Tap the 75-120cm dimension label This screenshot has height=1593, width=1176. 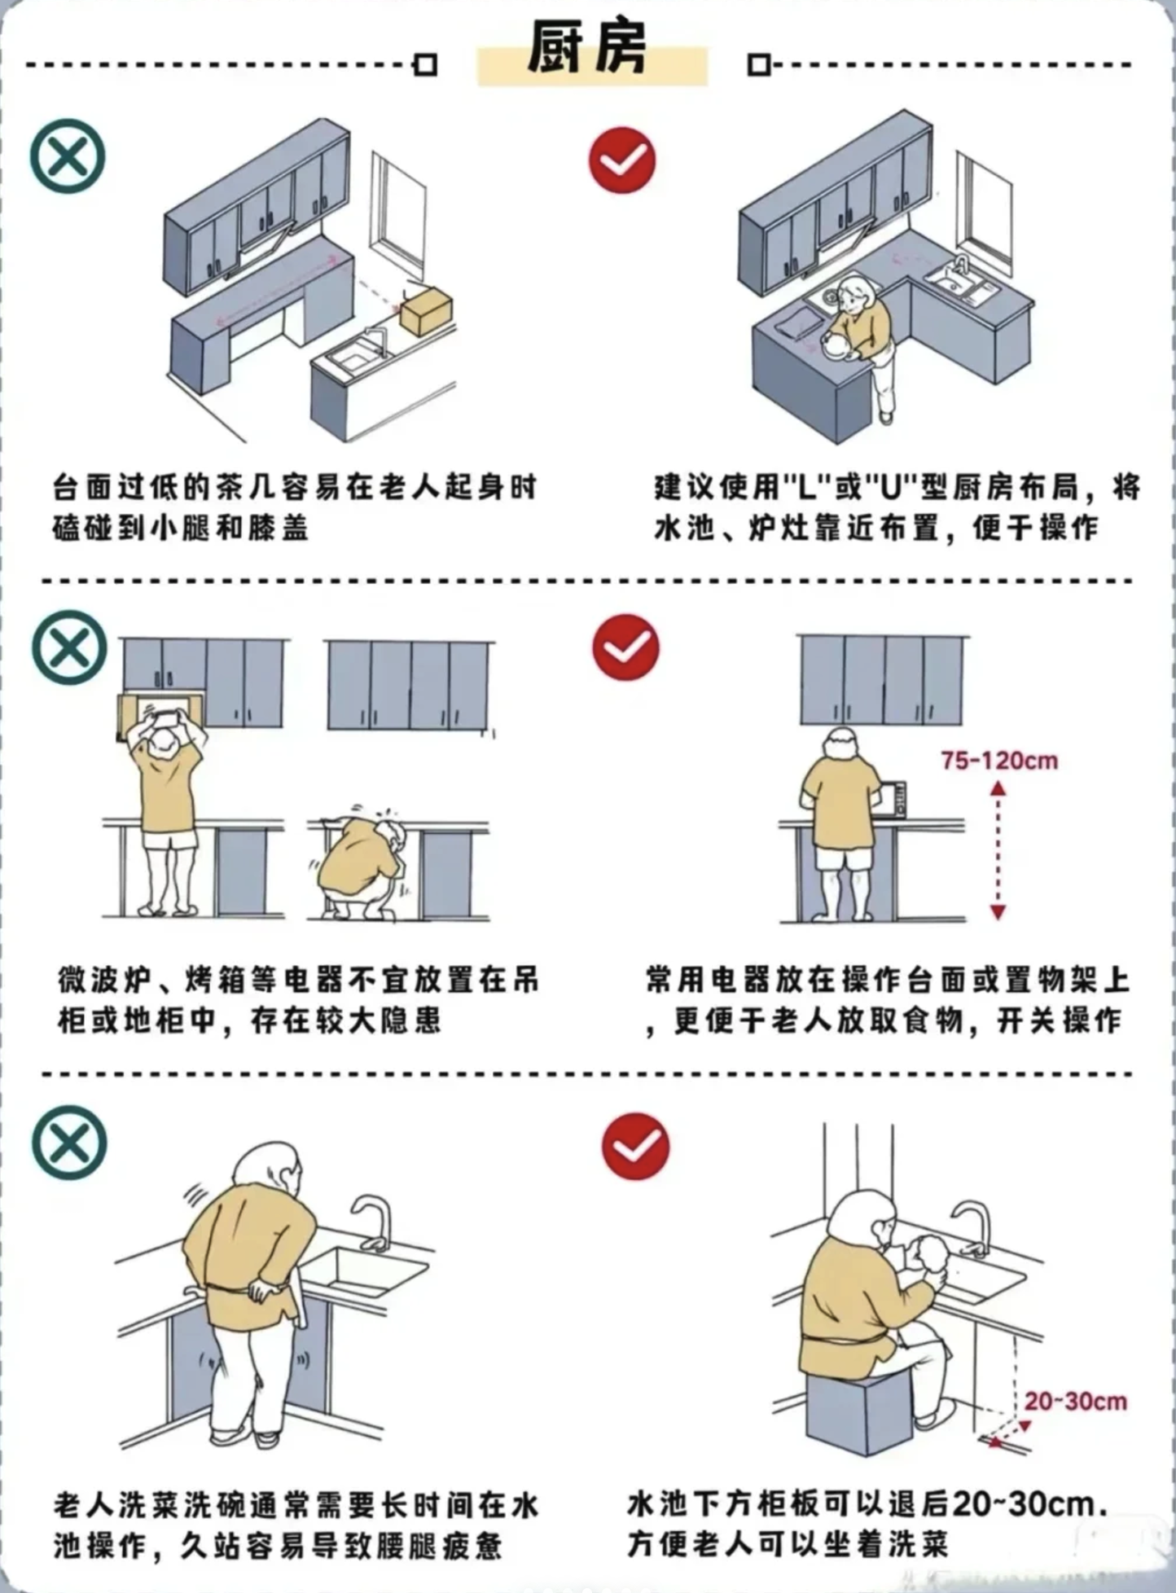999,761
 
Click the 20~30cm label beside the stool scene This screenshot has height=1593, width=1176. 1075,1402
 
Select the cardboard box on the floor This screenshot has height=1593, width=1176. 426,310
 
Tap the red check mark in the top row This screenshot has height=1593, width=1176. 622,160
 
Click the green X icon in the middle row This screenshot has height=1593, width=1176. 70,648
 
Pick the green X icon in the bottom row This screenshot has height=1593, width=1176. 70,1143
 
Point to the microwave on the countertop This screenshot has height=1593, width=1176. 894,800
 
